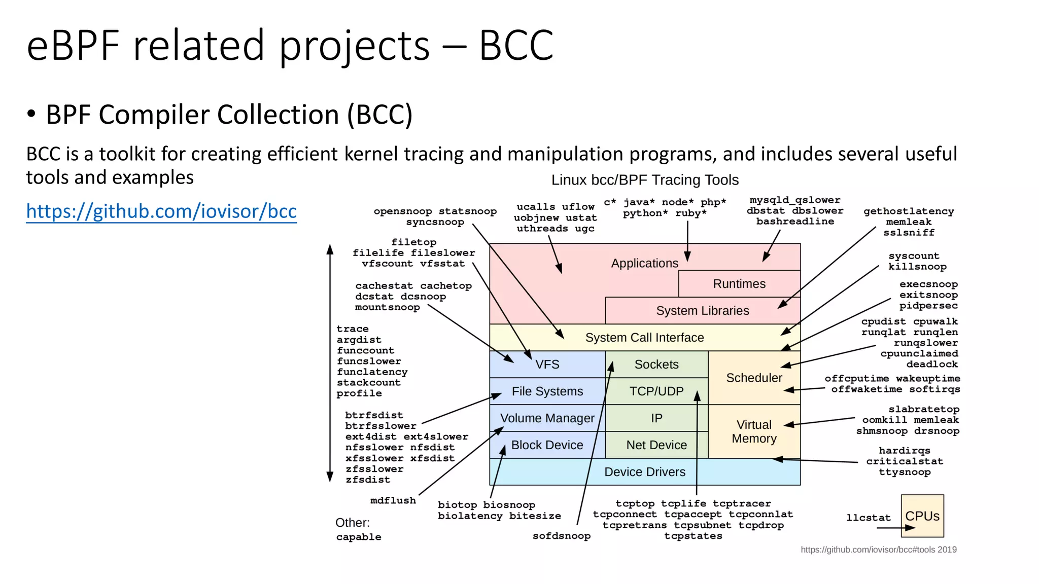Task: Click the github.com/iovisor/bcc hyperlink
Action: (161, 211)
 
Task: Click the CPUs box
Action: (922, 516)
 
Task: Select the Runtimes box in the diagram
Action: (739, 284)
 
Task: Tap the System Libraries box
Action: (702, 311)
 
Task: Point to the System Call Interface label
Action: (644, 338)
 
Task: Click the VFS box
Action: (547, 364)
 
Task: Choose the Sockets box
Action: (656, 364)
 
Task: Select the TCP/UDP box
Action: (656, 391)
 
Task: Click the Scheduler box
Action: (754, 378)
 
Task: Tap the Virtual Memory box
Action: (754, 431)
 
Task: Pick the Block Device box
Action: (547, 445)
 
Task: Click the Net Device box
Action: (656, 445)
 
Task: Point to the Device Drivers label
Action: (644, 472)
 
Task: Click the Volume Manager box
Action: (547, 418)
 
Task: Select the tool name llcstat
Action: (868, 518)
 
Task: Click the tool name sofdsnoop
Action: (561, 536)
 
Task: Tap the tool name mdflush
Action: (393, 500)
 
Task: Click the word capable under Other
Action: (358, 537)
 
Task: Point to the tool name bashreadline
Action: (795, 222)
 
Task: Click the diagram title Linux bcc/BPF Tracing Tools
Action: (645, 180)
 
